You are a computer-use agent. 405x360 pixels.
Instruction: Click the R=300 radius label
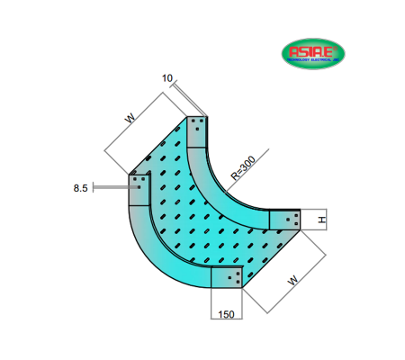(x=243, y=169)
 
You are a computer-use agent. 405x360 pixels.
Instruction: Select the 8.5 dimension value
(x=80, y=188)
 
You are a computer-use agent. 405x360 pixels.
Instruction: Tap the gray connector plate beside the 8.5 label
(x=139, y=190)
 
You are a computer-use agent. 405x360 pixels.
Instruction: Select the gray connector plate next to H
(x=284, y=220)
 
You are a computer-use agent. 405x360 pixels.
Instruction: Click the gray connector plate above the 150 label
(x=227, y=277)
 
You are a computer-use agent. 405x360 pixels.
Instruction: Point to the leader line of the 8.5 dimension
(x=110, y=187)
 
